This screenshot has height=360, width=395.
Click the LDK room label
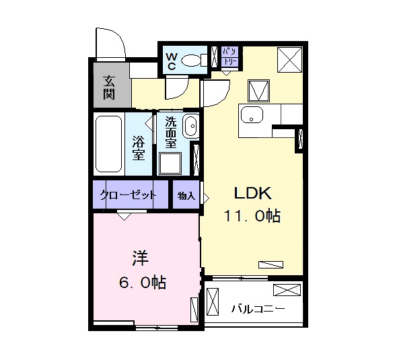coord(252,194)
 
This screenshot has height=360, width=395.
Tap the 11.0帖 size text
coord(252,217)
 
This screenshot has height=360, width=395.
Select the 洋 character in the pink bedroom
coord(139,258)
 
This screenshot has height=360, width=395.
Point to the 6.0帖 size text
coord(143,282)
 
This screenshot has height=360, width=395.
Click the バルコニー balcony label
coord(257,310)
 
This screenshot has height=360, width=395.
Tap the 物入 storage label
coord(186,196)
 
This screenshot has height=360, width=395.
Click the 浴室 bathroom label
coord(139,148)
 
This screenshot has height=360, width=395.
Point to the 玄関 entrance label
coord(109,87)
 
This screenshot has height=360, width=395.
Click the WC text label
coord(171,61)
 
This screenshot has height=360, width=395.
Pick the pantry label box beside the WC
coord(229,57)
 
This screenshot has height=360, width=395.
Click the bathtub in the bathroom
coord(108,143)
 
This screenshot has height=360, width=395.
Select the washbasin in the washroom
coord(190,125)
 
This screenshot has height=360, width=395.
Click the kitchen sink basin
coord(253,115)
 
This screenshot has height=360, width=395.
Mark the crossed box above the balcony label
coord(287,291)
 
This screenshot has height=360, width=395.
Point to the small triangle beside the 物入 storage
coord(205,196)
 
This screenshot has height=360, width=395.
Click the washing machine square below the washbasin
coord(171,164)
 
